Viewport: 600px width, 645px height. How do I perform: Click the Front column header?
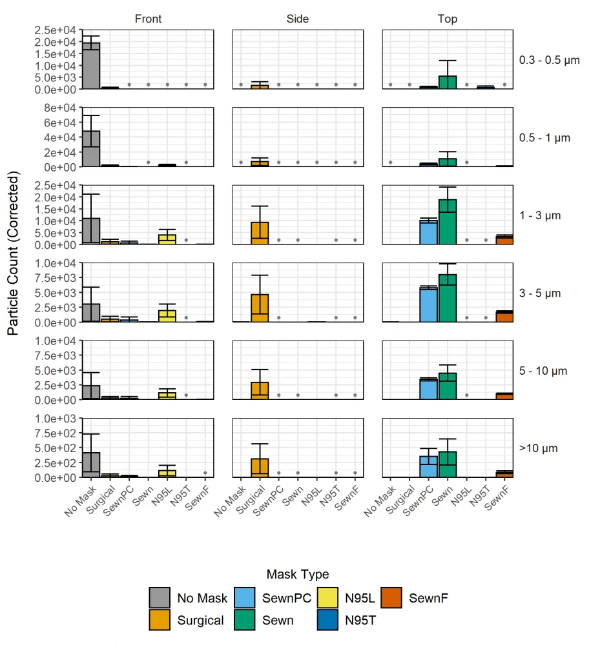(148, 19)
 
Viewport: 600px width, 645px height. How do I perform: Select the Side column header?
(298, 19)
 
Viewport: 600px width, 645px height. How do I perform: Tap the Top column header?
(448, 19)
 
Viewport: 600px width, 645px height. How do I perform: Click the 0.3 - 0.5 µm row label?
(549, 60)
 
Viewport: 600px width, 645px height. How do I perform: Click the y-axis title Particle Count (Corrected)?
(14, 253)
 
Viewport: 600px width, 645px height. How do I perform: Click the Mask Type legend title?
(298, 574)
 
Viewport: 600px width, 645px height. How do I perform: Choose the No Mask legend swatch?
(160, 598)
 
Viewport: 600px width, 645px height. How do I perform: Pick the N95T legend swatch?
(327, 620)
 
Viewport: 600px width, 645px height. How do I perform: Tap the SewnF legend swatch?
(391, 598)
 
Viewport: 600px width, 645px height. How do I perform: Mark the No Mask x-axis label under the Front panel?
(79, 501)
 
